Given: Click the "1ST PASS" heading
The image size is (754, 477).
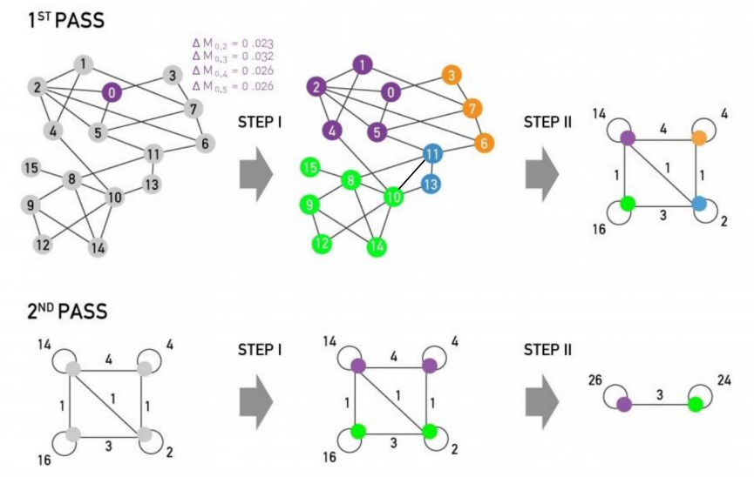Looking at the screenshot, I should (x=59, y=19).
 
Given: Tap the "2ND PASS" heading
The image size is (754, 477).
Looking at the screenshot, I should (x=63, y=311).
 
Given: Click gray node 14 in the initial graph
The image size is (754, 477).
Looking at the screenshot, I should (x=98, y=247).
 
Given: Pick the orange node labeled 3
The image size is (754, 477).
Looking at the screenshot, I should (x=451, y=75).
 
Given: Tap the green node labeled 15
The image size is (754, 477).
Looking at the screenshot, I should (x=309, y=167).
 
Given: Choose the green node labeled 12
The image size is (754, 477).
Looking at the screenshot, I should (x=323, y=243).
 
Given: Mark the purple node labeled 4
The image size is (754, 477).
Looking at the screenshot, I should (x=331, y=131).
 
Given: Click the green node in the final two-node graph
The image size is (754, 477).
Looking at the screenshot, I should (x=695, y=404).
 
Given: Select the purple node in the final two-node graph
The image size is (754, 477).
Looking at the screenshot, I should (x=624, y=404).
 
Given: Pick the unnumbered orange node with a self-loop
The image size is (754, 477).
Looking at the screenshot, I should (x=699, y=137).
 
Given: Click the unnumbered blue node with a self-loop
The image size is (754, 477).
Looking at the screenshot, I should (x=699, y=203).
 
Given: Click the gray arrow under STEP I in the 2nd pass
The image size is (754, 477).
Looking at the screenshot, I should (x=255, y=400).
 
